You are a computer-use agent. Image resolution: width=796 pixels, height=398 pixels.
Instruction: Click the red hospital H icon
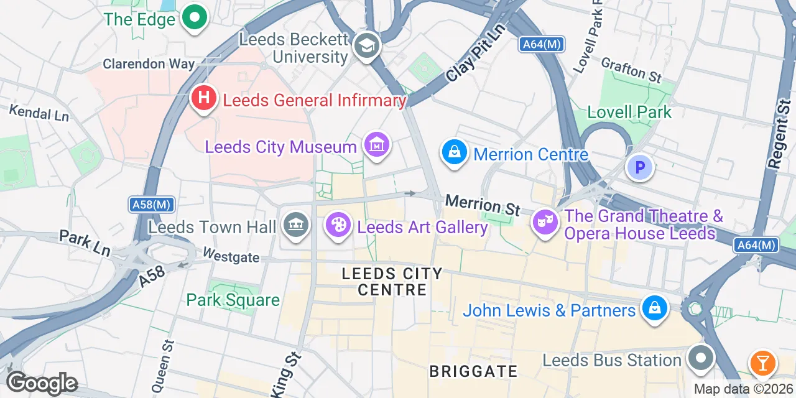point(203,98)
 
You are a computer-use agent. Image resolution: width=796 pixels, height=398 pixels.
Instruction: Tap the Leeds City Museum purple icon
point(377,146)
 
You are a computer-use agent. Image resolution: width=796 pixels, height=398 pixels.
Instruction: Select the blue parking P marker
point(640,167)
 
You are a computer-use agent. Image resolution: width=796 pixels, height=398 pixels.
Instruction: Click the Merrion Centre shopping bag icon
point(455,152)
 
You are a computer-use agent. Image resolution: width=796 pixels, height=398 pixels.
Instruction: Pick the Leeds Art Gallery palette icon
point(339,225)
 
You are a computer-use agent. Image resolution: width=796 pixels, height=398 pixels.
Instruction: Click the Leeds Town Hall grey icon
point(296,225)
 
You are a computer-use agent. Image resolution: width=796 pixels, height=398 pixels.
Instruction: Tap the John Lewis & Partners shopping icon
point(654,308)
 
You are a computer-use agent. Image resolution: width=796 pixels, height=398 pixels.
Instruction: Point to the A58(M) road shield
point(152,205)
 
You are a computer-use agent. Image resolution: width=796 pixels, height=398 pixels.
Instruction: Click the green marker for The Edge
point(194,18)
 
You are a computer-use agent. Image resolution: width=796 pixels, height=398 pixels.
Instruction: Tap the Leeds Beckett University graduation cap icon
point(366,45)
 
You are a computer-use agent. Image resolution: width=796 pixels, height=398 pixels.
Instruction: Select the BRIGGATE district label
point(473,372)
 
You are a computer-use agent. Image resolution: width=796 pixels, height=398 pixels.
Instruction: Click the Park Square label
point(233,300)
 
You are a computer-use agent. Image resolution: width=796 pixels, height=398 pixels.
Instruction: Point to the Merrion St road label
point(483,205)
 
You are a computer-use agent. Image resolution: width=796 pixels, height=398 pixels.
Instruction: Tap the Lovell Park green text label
point(630,113)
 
